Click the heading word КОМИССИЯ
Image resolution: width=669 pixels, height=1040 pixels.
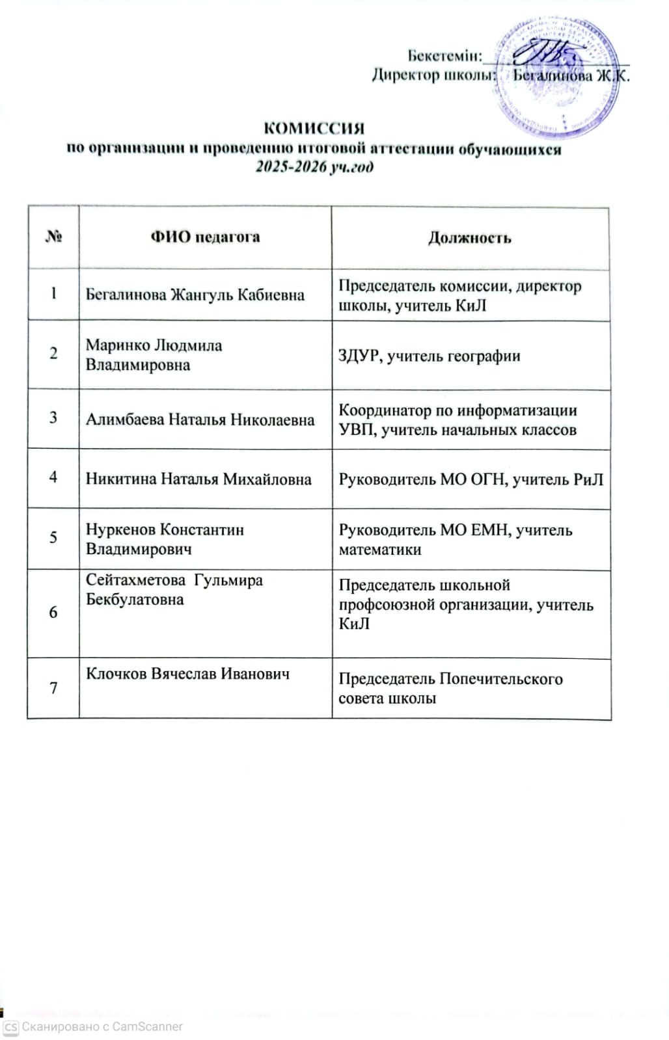314,127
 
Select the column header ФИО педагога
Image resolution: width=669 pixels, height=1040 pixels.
205,237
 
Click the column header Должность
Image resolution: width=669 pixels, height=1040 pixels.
469,238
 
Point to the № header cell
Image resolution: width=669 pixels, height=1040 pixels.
53,237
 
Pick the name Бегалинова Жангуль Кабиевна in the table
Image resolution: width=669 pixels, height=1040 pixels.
195,295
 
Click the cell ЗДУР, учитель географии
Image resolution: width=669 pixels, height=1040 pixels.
429,356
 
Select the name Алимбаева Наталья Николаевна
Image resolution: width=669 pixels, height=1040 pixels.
200,420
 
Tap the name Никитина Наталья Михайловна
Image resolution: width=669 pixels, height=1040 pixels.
198,479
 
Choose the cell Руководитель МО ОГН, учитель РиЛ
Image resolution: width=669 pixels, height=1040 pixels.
471,479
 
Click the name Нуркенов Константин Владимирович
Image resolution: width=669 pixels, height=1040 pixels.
165,539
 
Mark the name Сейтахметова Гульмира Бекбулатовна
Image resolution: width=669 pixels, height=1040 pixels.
174,589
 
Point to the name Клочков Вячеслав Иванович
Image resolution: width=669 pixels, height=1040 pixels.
187,673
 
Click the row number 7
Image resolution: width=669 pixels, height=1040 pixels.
53,687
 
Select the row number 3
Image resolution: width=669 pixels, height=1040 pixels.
53,418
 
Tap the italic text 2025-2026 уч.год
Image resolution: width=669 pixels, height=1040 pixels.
314,167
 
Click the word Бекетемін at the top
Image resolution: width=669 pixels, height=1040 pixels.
444,55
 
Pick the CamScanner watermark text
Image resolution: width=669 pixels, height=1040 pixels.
102,1026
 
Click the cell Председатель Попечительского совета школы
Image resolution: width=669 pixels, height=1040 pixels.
450,688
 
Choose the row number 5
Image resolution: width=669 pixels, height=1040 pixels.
53,537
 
